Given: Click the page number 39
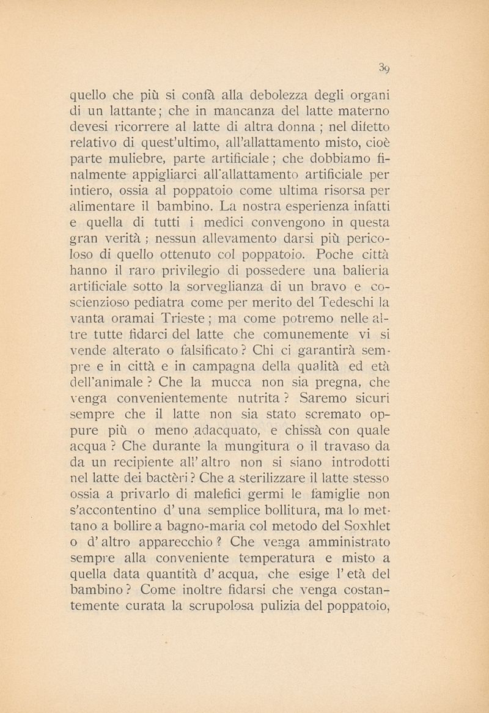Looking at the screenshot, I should tap(384, 67).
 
